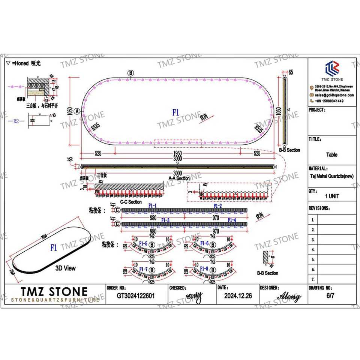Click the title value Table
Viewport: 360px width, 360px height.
[331, 154]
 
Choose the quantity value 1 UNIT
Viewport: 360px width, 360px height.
[331, 196]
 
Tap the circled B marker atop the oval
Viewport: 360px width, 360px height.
[130, 73]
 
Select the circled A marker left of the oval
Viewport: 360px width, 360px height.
[77, 111]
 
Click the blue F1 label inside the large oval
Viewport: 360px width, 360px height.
[176, 112]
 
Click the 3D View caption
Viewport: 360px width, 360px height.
[65, 268]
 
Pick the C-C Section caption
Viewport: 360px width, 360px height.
[131, 202]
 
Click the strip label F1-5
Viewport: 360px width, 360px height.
[143, 244]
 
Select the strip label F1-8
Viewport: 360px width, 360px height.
[204, 268]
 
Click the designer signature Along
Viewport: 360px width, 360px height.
[289, 297]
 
